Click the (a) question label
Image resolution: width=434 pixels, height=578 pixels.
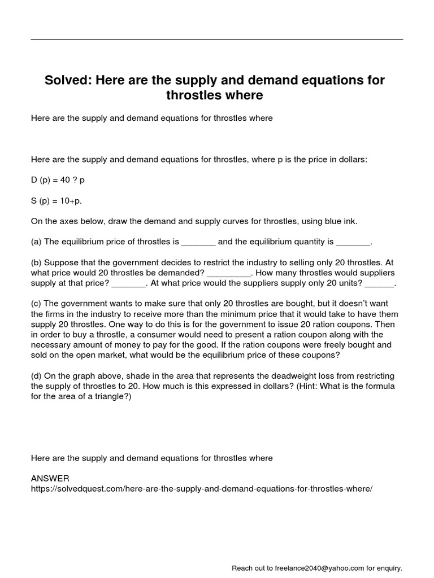[x=36, y=242]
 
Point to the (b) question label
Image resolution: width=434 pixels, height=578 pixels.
[x=36, y=262]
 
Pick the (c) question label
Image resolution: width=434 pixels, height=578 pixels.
[x=36, y=304]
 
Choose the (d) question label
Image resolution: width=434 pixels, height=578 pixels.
[x=36, y=376]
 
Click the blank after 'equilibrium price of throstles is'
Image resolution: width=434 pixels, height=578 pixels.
[x=198, y=243]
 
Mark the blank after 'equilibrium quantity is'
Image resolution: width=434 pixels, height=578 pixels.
[x=353, y=243]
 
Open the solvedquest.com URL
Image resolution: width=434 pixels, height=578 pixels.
[x=202, y=489]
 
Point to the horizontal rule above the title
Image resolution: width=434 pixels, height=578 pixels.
[x=216, y=40]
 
